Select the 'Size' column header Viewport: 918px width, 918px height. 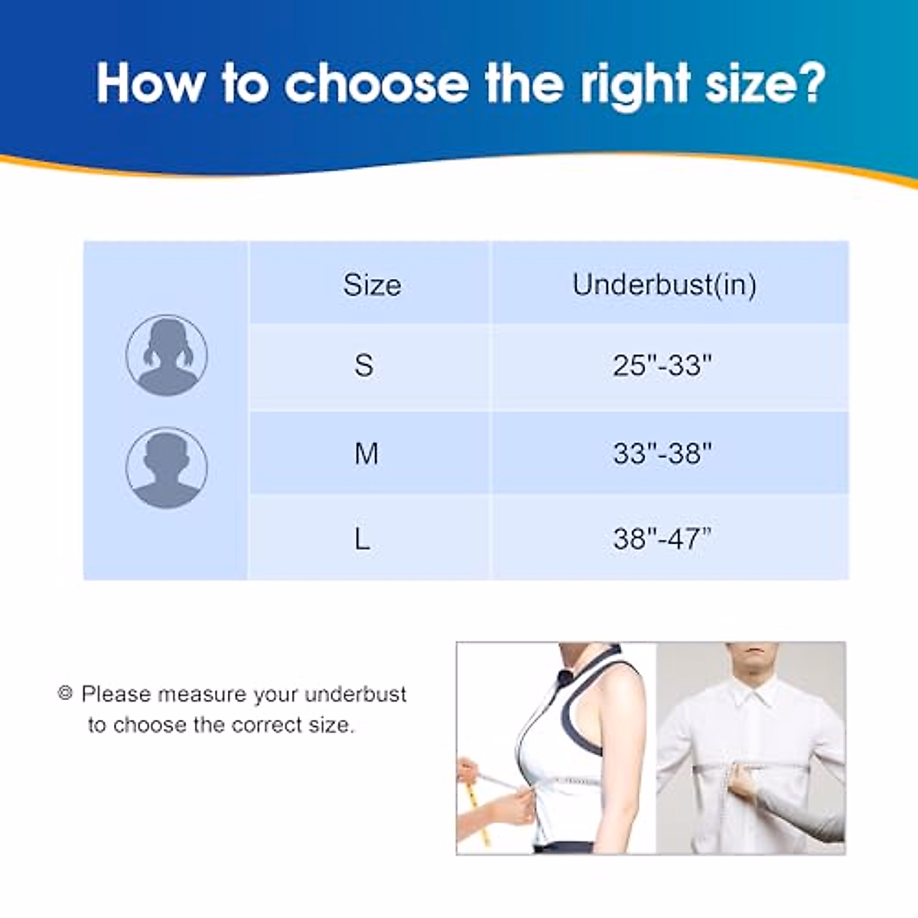tap(372, 285)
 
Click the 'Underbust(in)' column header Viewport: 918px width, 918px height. tap(664, 285)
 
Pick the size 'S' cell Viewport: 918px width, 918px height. tap(364, 365)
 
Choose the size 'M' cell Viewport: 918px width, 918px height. tap(366, 454)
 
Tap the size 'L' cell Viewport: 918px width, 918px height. tap(362, 539)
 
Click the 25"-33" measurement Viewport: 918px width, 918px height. tap(662, 366)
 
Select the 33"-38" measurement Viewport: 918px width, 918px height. tap(662, 454)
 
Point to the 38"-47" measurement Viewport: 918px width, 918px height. tap(662, 539)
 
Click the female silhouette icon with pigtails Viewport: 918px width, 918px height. tap(166, 355)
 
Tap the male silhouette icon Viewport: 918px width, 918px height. tap(166, 467)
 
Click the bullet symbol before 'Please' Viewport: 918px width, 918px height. tap(65, 693)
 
